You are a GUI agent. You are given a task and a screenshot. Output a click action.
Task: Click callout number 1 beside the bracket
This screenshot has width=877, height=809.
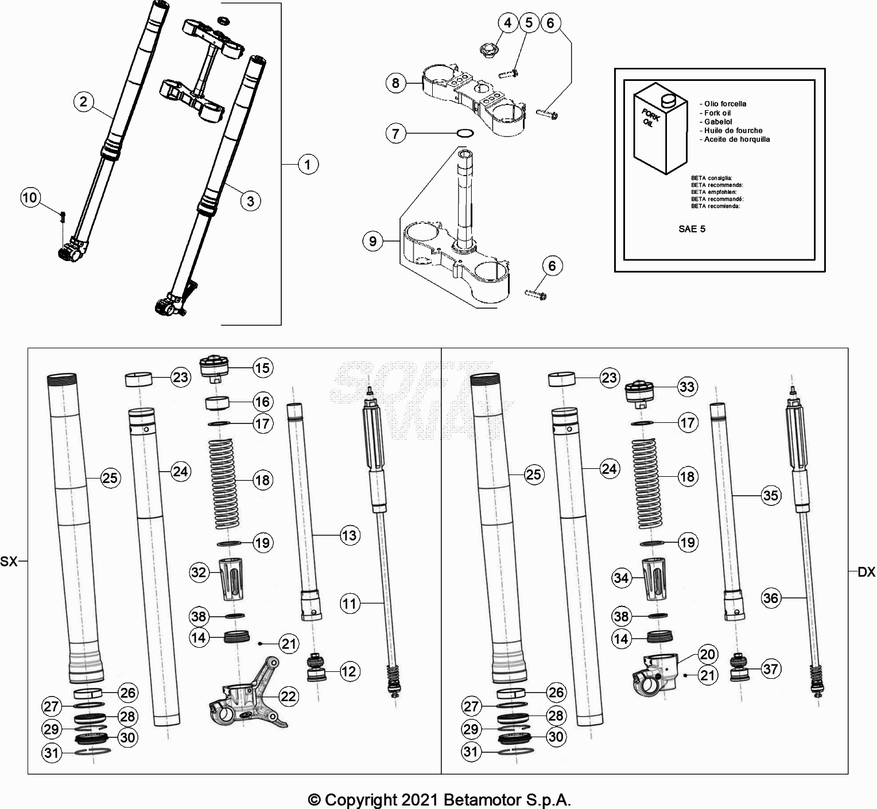point(308,165)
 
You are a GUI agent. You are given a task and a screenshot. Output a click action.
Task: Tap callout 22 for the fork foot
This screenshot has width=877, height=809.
point(288,696)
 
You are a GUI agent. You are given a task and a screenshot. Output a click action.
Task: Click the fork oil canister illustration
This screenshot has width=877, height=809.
point(659,131)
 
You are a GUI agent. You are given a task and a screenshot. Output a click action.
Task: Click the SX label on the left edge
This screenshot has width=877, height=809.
point(9,562)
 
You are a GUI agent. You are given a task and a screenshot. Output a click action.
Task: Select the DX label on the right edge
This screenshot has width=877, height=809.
point(866,572)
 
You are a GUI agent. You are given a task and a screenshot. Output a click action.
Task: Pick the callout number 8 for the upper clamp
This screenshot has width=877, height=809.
point(395,83)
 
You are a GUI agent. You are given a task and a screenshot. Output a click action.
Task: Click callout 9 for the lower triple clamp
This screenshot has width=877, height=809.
point(372,241)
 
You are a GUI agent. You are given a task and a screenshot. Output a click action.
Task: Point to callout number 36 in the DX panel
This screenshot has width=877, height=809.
point(770,598)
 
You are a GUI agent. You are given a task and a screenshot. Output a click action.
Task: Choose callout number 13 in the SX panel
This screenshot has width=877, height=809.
point(349,535)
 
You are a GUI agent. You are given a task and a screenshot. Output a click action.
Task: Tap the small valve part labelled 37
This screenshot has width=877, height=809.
point(739,668)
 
